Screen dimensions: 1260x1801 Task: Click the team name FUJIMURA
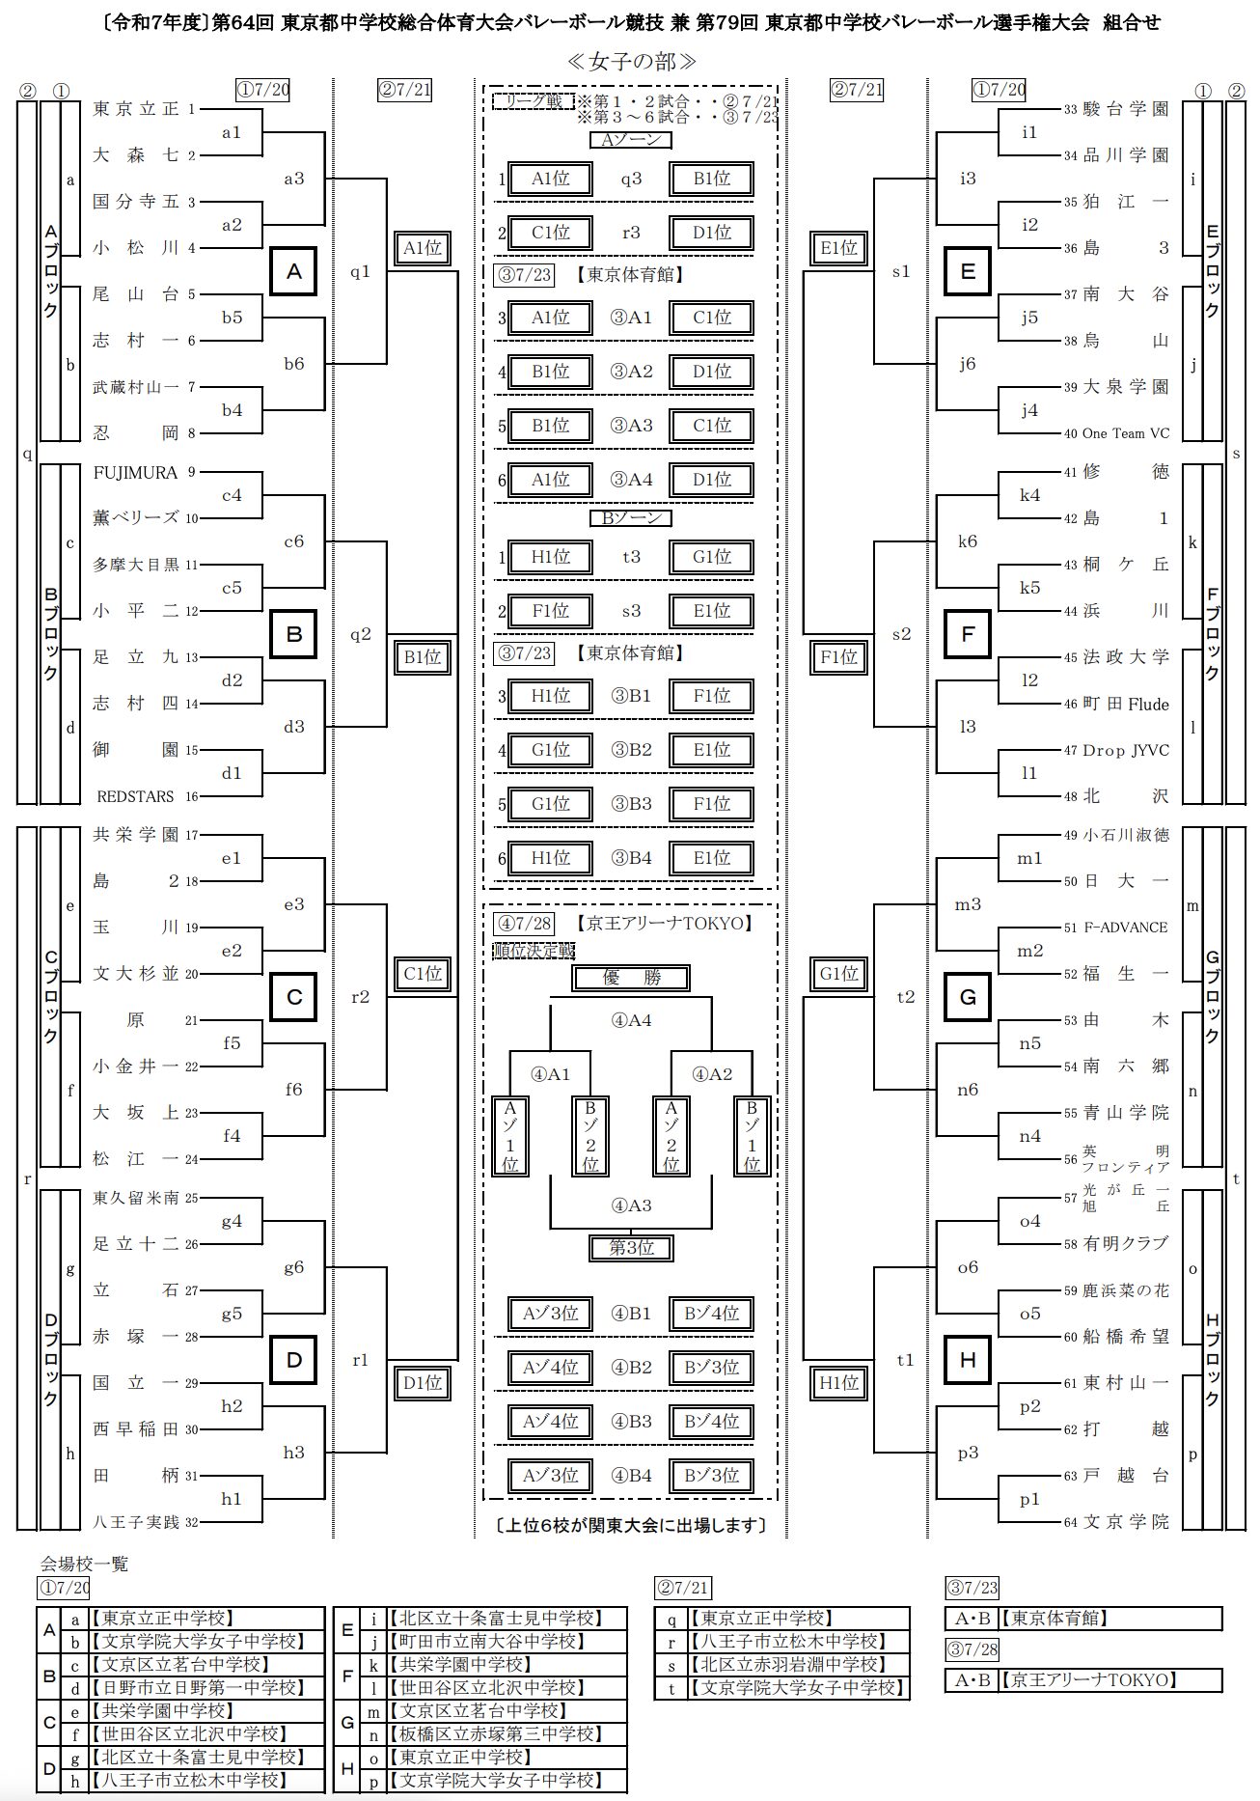click(135, 472)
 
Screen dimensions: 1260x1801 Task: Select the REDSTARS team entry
click(135, 796)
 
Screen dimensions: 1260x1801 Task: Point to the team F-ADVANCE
click(1126, 928)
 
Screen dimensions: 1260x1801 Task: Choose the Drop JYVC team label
click(1126, 750)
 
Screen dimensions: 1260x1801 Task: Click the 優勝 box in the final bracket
click(631, 978)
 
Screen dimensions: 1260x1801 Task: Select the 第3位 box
click(631, 1248)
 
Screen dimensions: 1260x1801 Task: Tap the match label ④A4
click(631, 1020)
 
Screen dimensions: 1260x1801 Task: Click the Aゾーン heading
click(631, 140)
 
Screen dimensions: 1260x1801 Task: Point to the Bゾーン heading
click(631, 518)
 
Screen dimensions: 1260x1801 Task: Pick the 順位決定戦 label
click(534, 951)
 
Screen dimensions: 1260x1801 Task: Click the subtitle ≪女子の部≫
click(631, 62)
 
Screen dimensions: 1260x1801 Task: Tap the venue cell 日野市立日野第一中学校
click(197, 1688)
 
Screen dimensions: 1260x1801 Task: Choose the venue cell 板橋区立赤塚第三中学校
click(495, 1734)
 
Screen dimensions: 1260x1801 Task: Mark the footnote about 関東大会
click(630, 1525)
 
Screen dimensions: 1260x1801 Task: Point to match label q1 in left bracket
click(360, 272)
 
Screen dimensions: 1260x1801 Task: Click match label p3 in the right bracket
click(968, 1453)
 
